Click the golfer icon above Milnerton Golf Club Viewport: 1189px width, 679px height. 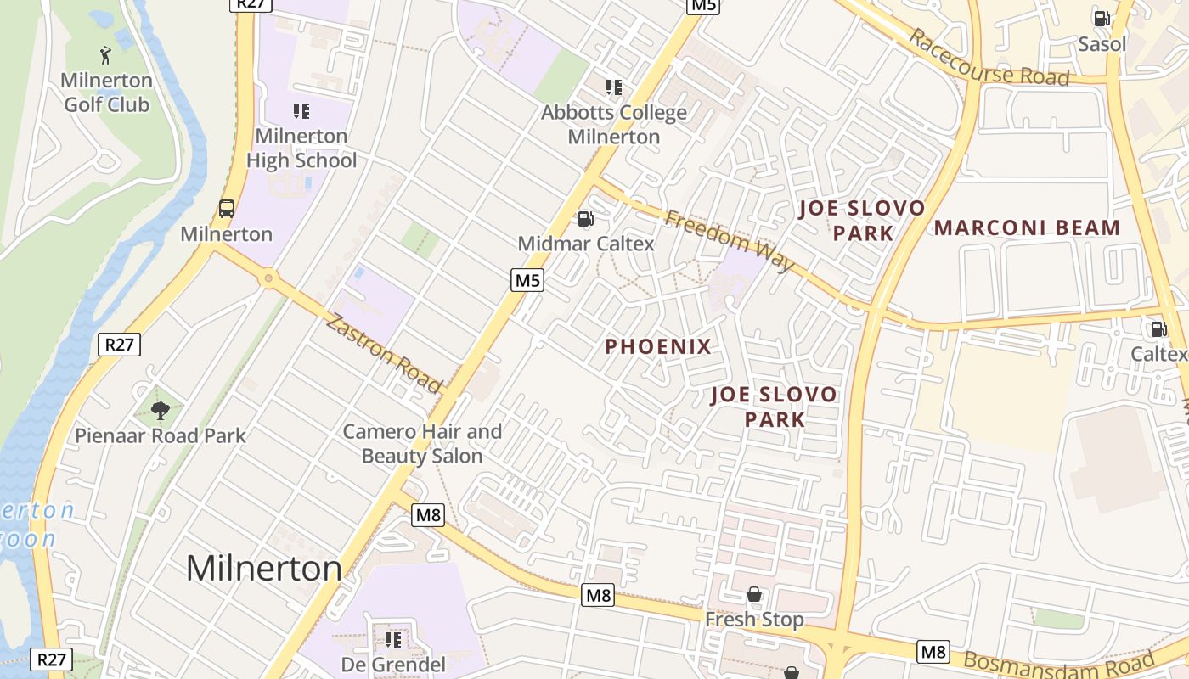point(105,55)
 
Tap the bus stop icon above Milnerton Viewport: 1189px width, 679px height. point(227,208)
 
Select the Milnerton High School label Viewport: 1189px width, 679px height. point(301,148)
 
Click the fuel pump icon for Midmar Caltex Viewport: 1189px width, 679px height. point(585,219)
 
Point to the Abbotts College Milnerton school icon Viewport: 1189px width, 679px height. point(614,87)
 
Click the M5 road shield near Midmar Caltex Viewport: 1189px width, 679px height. point(527,279)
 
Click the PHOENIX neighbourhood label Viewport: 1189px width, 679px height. point(658,346)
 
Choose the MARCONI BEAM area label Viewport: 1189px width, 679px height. point(1028,227)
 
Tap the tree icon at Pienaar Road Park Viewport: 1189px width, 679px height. point(159,411)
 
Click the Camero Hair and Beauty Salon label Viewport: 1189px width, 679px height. point(422,443)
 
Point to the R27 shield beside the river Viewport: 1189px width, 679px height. point(120,344)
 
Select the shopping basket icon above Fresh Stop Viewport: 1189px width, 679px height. point(753,594)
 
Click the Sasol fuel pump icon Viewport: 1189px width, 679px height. point(1102,18)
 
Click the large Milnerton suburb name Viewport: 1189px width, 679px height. point(263,567)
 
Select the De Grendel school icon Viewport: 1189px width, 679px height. point(393,639)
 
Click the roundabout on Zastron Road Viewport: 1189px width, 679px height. point(269,278)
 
